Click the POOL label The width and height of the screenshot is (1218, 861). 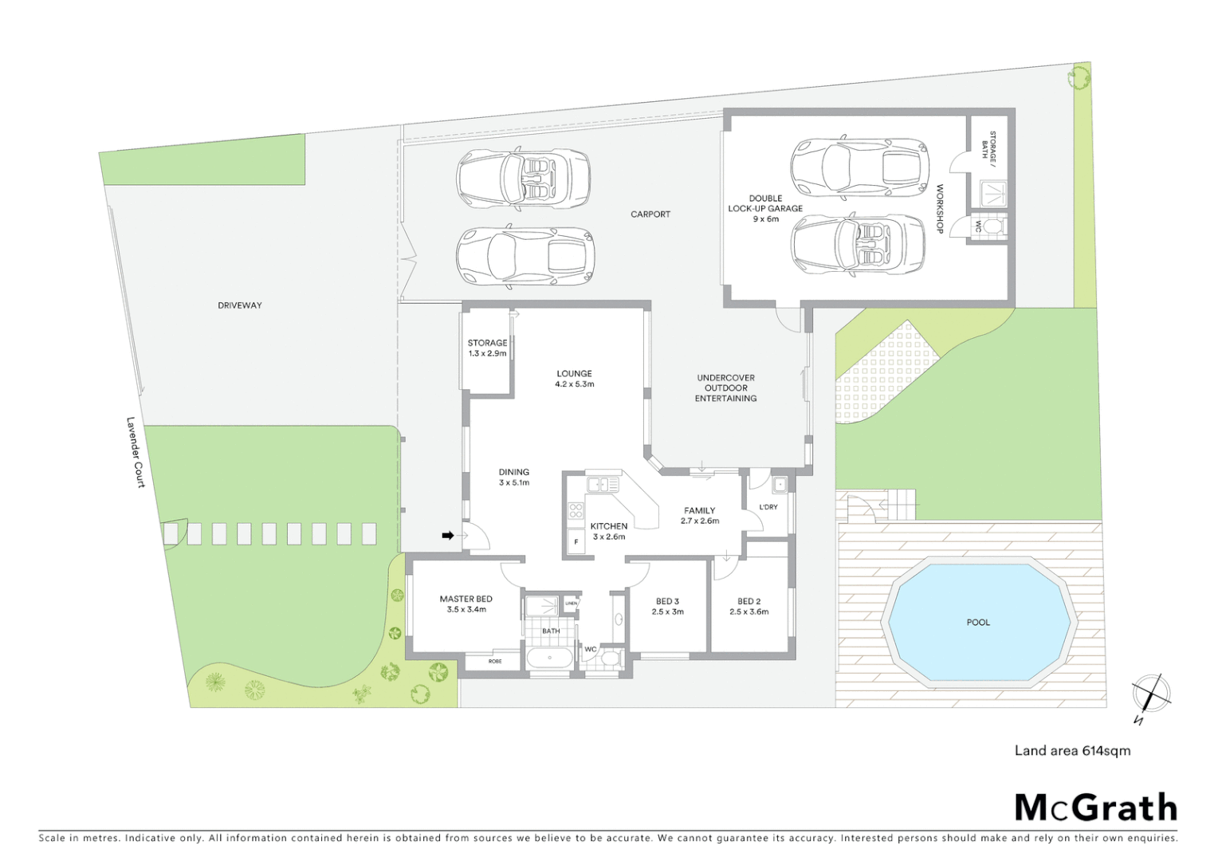tap(978, 623)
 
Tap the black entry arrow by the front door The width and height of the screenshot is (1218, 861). tap(448, 536)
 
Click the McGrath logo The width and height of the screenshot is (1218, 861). tap(1096, 808)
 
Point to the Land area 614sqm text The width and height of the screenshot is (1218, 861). tap(1072, 750)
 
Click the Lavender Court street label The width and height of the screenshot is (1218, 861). tap(136, 452)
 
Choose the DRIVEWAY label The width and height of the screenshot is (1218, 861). tap(240, 305)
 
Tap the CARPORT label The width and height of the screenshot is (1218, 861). tap(650, 214)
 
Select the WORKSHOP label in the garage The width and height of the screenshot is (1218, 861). tap(940, 209)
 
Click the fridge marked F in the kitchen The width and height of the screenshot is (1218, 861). tap(576, 542)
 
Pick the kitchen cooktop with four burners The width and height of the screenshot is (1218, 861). tap(576, 511)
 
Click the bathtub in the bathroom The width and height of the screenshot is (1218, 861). tap(549, 659)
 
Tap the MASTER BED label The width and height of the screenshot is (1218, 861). tap(466, 599)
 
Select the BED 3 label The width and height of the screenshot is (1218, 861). tap(668, 602)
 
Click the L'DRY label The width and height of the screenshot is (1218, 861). tap(768, 507)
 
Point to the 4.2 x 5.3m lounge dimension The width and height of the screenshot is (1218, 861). tap(575, 384)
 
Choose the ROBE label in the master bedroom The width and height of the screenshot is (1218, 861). tap(495, 661)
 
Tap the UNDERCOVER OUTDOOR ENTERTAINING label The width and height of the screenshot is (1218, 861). tap(725, 388)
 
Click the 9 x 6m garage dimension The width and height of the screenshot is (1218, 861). tap(766, 219)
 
